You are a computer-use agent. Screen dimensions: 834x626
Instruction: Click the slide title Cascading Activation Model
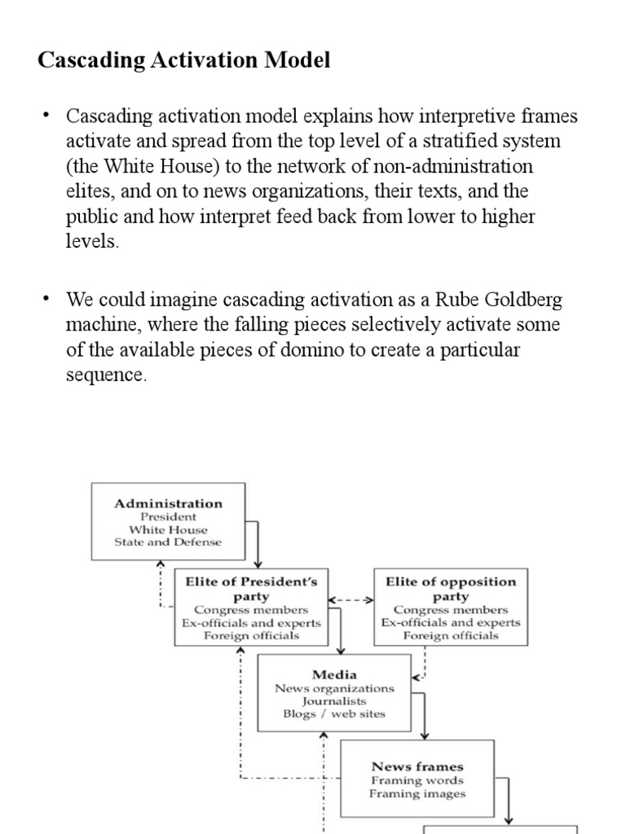click(184, 61)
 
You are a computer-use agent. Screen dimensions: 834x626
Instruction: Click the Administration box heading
click(168, 503)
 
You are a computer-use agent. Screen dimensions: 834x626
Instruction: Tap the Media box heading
click(334, 674)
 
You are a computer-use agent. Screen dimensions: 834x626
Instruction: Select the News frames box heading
click(417, 766)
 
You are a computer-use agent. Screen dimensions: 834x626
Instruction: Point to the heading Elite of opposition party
click(450, 589)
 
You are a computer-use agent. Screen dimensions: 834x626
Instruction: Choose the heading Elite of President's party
click(251, 589)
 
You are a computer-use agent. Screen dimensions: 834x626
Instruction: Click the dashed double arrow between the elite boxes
click(350, 600)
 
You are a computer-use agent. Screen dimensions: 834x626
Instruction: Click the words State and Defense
click(168, 541)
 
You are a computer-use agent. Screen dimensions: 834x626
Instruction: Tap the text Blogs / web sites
click(334, 713)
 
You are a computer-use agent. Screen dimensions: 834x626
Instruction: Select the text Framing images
click(417, 793)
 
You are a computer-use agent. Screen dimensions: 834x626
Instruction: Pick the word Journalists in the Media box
click(334, 700)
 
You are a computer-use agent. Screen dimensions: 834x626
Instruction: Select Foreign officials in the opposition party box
click(450, 635)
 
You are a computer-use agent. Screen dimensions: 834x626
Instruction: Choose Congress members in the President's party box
click(251, 609)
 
